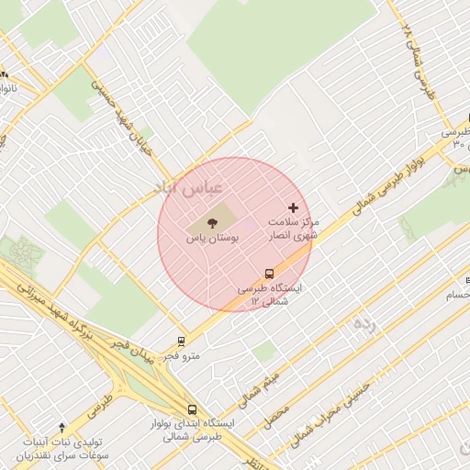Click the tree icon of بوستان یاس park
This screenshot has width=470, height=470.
pos(213,222)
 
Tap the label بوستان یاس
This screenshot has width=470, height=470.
pos(212,238)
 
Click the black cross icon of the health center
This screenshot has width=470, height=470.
pos(294,208)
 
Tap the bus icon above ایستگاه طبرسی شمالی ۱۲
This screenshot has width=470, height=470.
pos(269,274)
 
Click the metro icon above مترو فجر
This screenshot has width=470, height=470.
pos(181,341)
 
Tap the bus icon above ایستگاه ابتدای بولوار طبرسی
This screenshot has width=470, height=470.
pos(192,409)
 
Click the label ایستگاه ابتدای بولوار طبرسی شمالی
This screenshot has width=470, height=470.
pos(193,430)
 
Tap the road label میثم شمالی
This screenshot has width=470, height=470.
pos(257,382)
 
